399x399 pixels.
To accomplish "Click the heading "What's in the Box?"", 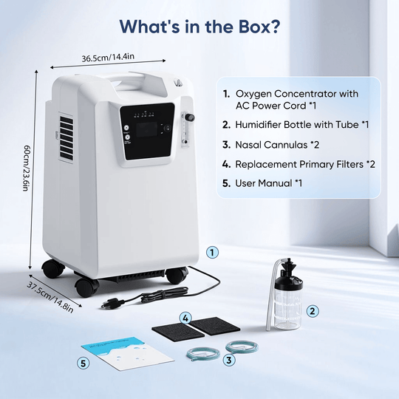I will click(199, 27).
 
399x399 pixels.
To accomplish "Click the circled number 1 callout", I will click(213, 252).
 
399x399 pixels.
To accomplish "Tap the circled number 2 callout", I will click(313, 311).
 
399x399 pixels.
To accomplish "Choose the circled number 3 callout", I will click(230, 360).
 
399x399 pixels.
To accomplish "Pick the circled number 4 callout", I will click(186, 318).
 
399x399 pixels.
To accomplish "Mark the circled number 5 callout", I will click(83, 362).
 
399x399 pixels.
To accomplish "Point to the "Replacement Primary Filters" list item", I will click(299, 163).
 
